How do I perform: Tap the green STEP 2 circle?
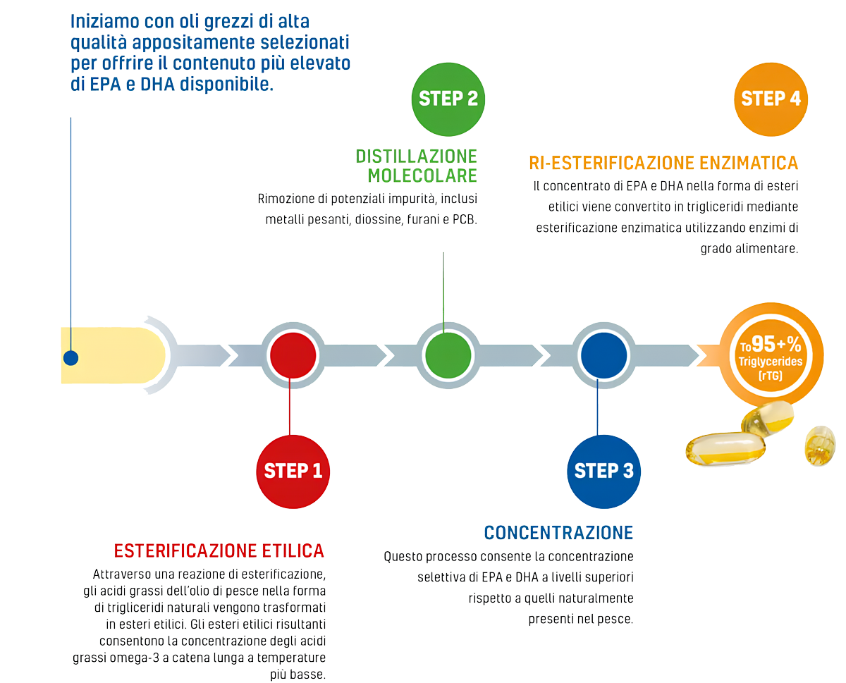coord(448,99)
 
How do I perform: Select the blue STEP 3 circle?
coord(603,471)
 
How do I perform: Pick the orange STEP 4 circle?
coord(771,99)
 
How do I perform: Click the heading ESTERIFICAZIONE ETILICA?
coord(219,550)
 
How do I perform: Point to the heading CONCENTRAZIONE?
coord(558,531)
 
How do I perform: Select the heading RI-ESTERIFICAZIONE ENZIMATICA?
coord(663,164)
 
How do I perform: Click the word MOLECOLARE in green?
coord(422,174)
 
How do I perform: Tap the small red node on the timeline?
coord(293,355)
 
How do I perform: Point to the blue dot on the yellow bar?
coord(70,358)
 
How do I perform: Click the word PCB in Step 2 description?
coord(463,219)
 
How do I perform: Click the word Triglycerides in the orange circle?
coord(771,362)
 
